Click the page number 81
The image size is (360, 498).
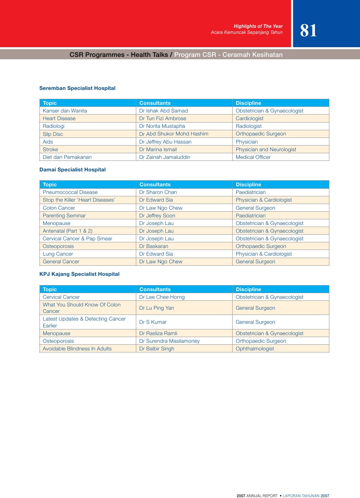[x=308, y=31]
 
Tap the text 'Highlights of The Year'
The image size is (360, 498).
[x=258, y=26]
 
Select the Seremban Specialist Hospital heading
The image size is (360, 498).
[x=77, y=88]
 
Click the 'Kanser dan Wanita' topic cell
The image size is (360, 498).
[x=65, y=111]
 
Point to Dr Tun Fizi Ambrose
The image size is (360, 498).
[x=162, y=119]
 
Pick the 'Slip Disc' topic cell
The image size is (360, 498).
[x=53, y=134]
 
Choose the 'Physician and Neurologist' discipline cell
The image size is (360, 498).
[x=266, y=150]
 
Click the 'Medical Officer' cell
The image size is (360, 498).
[x=253, y=157]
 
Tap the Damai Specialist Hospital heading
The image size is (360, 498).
[x=73, y=170]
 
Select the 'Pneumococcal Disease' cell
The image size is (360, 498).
[x=70, y=192]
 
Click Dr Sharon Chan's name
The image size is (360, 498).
[x=158, y=192]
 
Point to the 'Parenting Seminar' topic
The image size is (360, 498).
[x=64, y=216]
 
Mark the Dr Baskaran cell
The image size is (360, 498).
[x=154, y=246]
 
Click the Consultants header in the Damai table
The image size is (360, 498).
[x=155, y=185]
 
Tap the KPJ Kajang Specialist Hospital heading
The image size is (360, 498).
[x=79, y=274]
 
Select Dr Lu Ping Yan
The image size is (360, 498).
[x=156, y=308]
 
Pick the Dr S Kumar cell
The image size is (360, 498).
[x=153, y=322]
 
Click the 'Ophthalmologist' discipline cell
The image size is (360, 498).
[x=255, y=349]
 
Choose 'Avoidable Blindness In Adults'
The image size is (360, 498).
[x=77, y=349]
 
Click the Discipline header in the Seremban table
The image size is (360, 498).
[x=248, y=103]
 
